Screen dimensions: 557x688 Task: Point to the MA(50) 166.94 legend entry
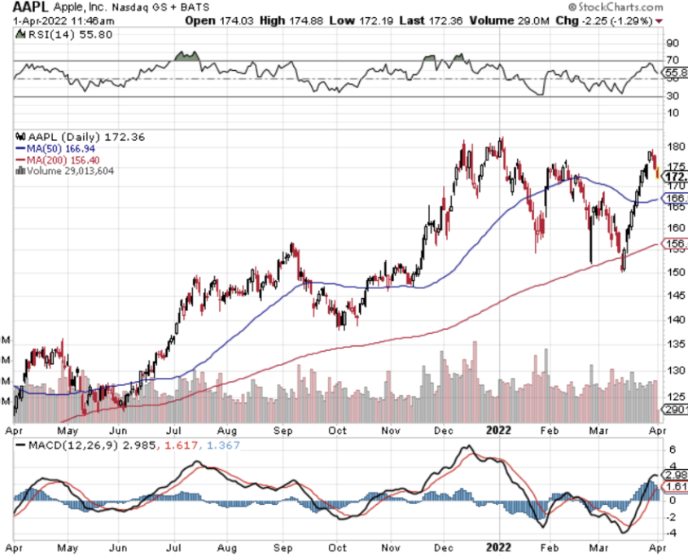(61, 150)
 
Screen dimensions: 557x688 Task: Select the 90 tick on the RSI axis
(673, 42)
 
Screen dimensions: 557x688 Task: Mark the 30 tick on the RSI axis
(673, 96)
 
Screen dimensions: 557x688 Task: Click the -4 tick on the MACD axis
(671, 533)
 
